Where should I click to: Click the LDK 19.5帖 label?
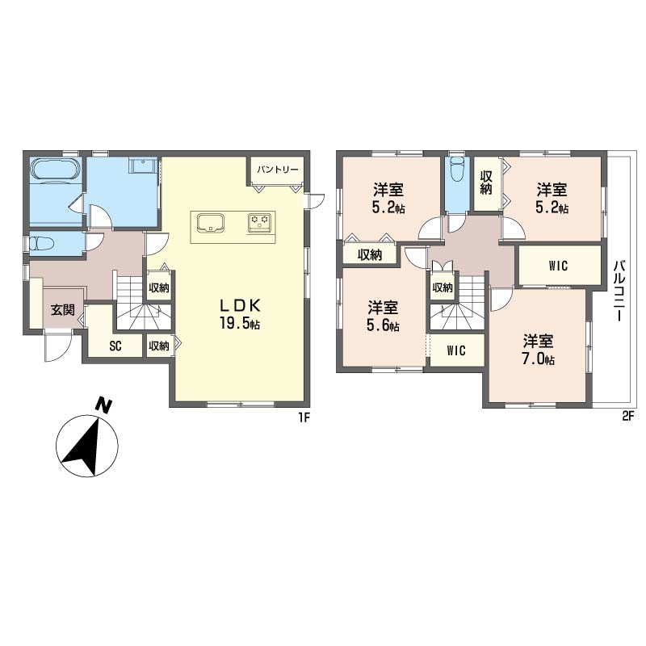coord(240,314)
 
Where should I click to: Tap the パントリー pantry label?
coord(278,170)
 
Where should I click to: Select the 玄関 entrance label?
coord(63,309)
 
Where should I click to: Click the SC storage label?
coord(115,346)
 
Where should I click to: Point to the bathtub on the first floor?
coord(55,170)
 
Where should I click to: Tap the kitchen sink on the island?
coord(211,223)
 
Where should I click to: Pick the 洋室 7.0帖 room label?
coord(539,350)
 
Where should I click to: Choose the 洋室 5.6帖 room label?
coord(383,316)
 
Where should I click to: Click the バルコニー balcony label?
coord(619,291)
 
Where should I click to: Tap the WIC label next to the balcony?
coord(558,266)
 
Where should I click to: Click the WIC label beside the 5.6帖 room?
coord(456,350)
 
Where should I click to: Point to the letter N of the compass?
coord(104,405)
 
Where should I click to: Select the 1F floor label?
coord(304,417)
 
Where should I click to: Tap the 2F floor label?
coord(627,417)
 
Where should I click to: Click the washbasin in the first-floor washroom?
coord(143,166)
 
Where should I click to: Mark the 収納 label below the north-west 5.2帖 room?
coord(370,255)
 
